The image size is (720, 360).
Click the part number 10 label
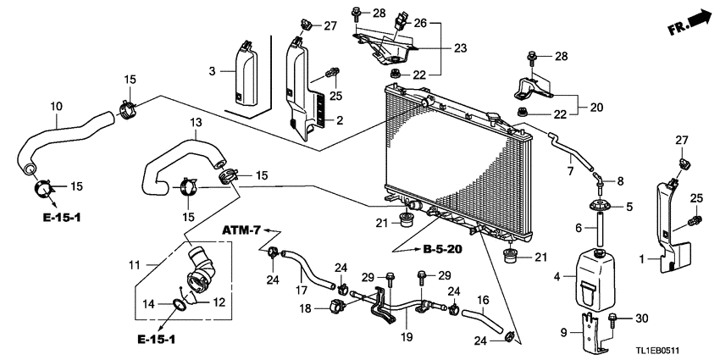click(57, 107)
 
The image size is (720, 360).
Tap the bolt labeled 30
click(613, 318)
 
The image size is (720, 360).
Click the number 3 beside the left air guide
click(213, 69)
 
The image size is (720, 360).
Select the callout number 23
click(460, 48)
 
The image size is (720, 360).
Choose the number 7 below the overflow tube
click(570, 172)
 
